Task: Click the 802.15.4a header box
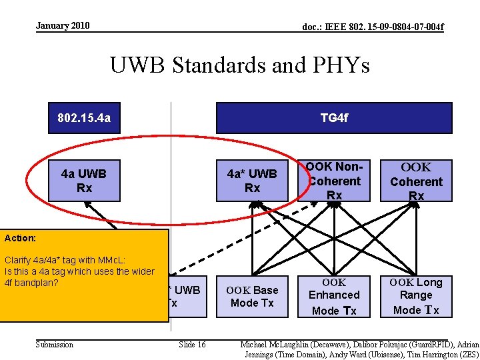coord(84,118)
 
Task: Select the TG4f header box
coord(334,118)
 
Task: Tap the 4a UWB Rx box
coord(84,181)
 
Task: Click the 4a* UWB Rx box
coord(252,181)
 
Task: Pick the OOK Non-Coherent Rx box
coord(334,181)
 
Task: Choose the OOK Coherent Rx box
coord(416,181)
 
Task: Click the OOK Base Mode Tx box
coord(252,296)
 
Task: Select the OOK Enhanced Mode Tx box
coord(334,296)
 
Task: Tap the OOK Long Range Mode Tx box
coord(416,296)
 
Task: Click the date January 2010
coord(63,26)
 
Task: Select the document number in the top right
coord(373,27)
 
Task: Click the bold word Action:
coord(20,237)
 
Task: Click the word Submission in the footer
coord(55,345)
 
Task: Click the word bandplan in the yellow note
coord(39,283)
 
